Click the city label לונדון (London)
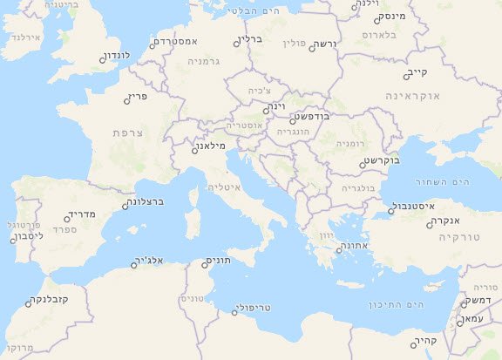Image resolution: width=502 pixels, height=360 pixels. pos(117,55)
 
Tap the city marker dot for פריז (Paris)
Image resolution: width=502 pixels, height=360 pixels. pos(128,101)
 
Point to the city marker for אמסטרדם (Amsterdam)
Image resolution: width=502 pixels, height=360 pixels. pos(152,47)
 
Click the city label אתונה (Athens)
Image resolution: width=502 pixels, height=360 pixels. pos(355,247)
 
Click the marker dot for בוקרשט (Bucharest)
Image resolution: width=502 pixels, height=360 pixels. pos(363,164)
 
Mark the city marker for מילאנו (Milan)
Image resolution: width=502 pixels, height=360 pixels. pos(194,150)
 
